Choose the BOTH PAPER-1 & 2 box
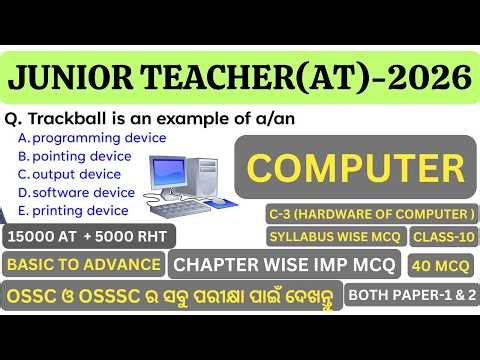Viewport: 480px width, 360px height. (x=411, y=295)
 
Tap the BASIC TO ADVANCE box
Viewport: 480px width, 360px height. (x=84, y=264)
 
